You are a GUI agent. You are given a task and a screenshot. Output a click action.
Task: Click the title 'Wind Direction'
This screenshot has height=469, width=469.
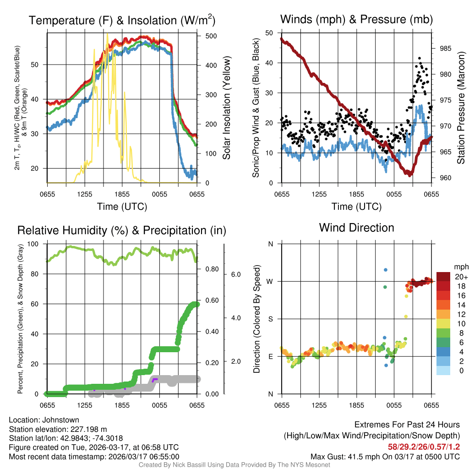tap(356, 228)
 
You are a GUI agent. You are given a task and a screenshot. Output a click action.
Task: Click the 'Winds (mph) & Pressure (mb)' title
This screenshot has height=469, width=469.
tap(356, 19)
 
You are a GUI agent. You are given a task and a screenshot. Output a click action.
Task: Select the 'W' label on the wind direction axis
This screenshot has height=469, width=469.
tap(270, 281)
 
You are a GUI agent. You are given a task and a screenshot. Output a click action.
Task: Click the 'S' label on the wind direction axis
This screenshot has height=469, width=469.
tap(270, 319)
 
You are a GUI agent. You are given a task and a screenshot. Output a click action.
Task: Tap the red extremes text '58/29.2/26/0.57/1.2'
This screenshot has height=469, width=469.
tap(421, 447)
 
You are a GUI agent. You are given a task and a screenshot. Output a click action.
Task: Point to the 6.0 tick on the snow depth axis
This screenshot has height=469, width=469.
tap(235, 274)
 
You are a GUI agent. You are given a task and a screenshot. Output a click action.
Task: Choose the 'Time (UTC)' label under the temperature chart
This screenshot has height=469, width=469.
tap(122, 207)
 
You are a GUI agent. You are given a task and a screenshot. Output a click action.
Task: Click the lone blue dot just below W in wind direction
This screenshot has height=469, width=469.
tap(386, 270)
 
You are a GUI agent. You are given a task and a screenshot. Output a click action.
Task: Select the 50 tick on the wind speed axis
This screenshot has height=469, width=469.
tap(270, 33)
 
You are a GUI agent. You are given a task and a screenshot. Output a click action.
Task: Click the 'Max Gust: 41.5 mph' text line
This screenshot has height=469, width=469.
tap(385, 456)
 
